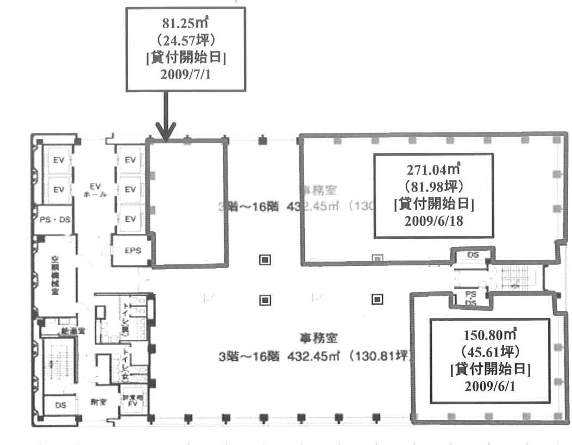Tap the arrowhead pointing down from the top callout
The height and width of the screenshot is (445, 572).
166,132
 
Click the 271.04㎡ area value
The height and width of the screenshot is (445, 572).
433,169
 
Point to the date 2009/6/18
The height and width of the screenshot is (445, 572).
433,221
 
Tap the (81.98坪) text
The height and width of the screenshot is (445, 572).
433,187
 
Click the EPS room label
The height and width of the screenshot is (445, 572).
133,251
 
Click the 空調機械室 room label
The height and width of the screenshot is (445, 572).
55,275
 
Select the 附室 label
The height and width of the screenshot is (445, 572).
98,402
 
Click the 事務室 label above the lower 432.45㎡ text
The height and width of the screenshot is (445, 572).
318,339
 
